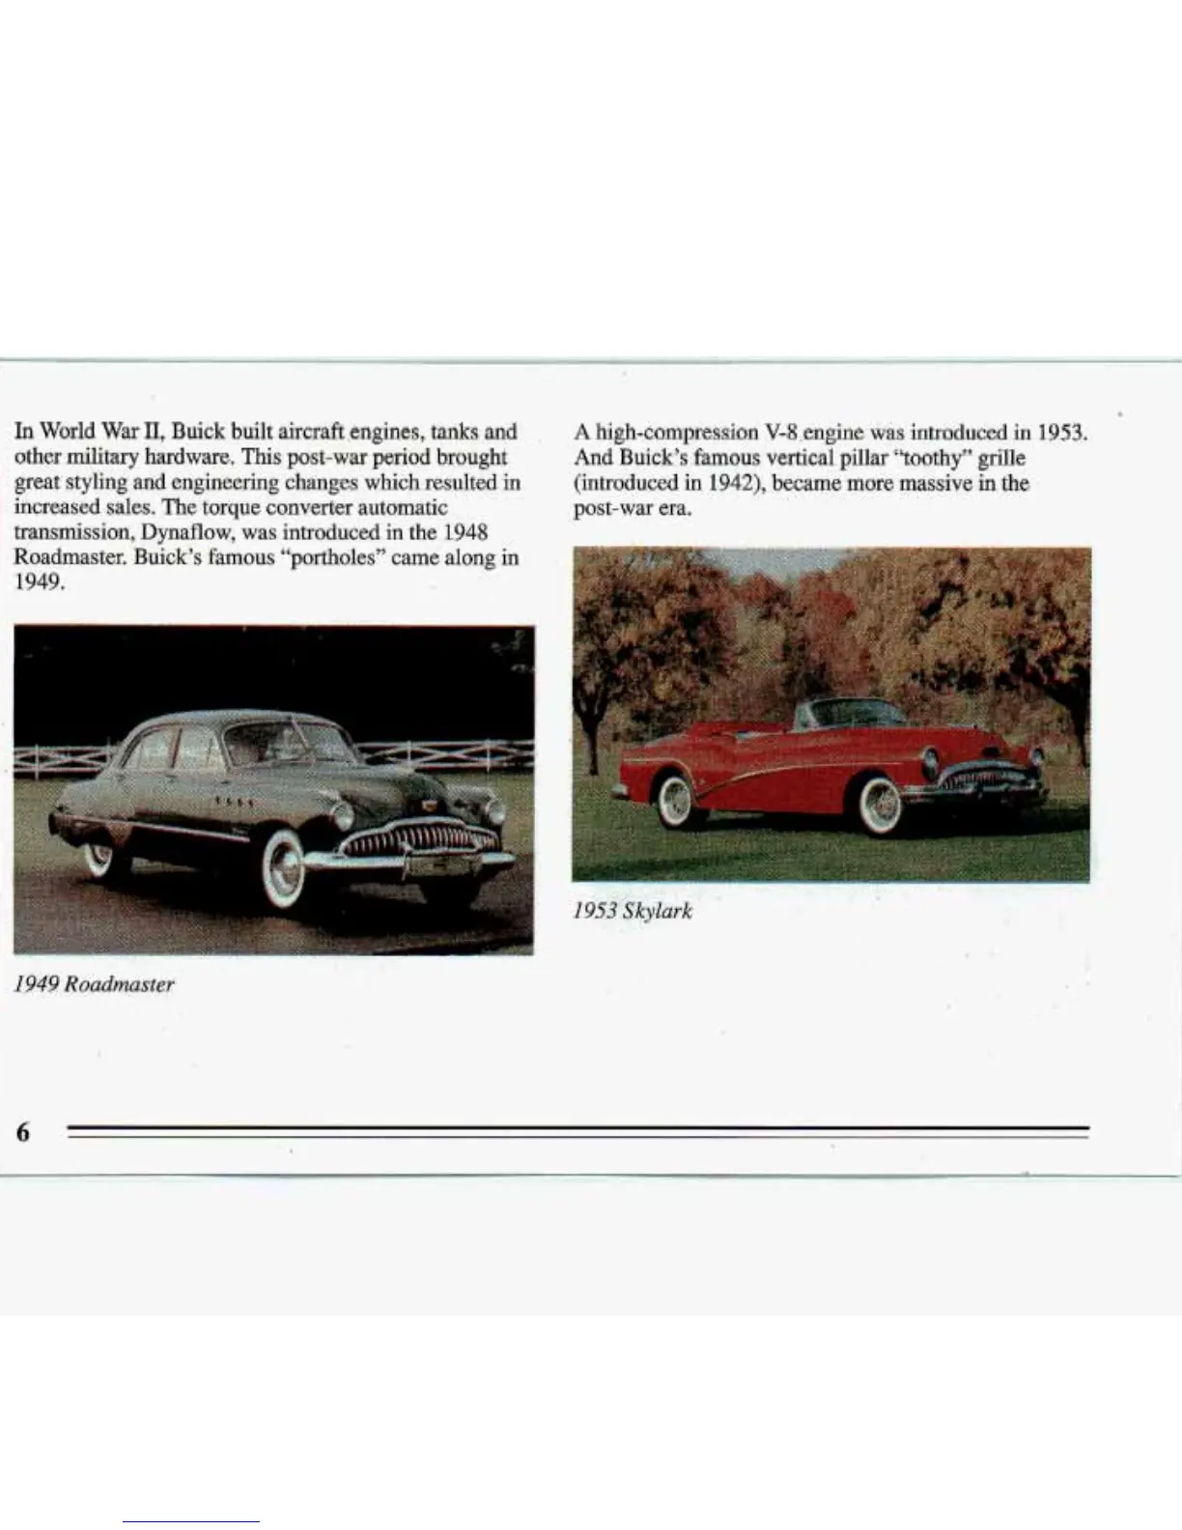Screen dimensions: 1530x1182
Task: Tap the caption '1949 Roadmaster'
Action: point(94,984)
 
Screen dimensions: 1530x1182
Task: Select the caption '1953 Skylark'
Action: point(633,911)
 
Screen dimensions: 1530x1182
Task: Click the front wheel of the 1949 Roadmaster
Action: point(286,870)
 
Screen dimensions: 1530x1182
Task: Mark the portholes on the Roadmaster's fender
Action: point(236,803)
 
